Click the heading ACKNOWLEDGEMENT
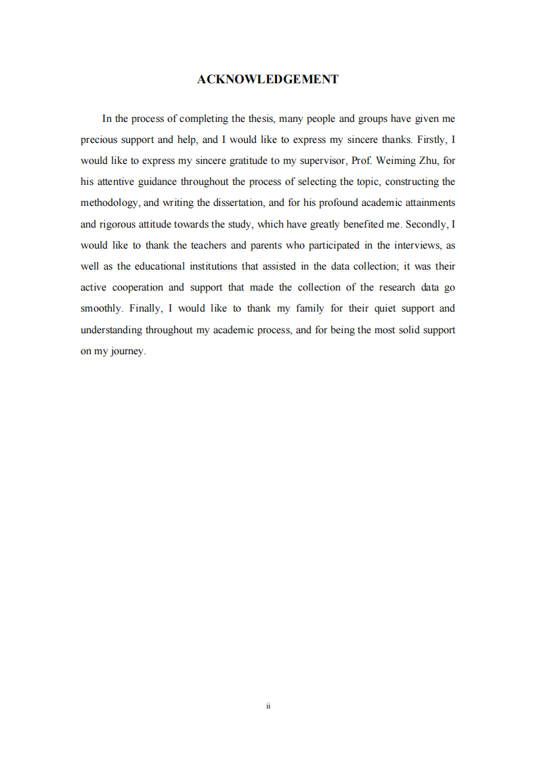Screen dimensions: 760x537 pyautogui.click(x=267, y=79)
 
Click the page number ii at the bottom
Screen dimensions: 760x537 pyautogui.click(x=268, y=706)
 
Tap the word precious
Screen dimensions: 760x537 pyautogui.click(x=99, y=140)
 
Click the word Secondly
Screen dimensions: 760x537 pyautogui.click(x=427, y=224)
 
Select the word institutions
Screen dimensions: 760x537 pyautogui.click(x=205, y=266)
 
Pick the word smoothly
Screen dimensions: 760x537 pyautogui.click(x=102, y=308)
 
